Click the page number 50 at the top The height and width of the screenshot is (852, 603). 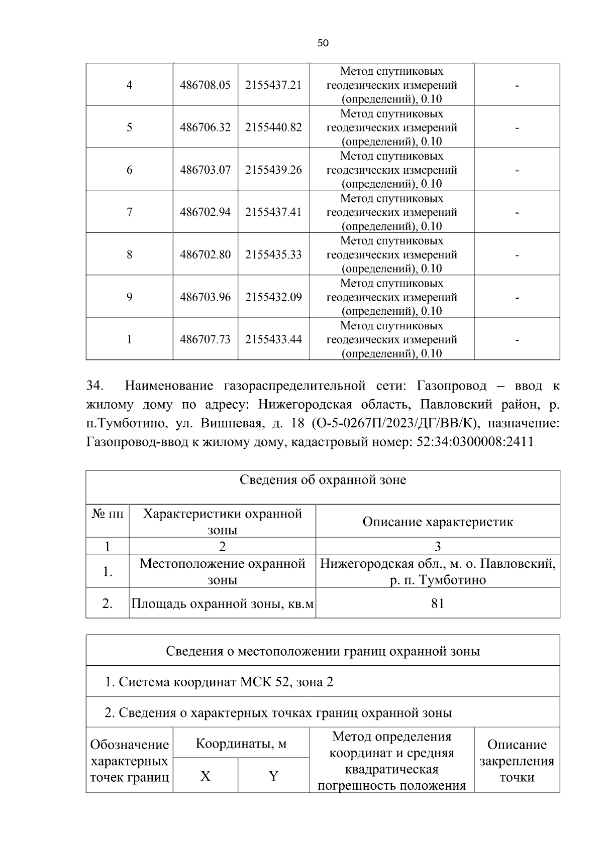coord(323,43)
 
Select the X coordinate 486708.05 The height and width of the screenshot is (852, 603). coord(205,85)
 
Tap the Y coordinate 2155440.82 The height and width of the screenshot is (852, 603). coord(273,128)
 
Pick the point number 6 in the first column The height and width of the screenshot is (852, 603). coord(129,170)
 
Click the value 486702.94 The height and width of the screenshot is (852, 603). coord(205,212)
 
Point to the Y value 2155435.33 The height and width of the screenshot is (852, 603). coord(273,255)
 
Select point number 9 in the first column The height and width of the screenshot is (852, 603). coord(129,297)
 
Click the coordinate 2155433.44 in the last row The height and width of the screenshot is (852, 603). coord(273,339)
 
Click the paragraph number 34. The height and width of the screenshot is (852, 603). coord(95,386)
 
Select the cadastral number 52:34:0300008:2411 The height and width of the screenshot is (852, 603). coord(475,442)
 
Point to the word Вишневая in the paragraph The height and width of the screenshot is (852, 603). coord(230,423)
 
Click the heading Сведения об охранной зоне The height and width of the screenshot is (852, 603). coord(323,480)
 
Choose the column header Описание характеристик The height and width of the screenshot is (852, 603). coord(438,522)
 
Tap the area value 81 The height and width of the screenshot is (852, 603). coord(438,603)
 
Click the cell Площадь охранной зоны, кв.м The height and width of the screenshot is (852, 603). coord(222,603)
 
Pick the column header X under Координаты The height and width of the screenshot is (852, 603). coord(205,776)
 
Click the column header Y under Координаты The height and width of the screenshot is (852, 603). coord(273,776)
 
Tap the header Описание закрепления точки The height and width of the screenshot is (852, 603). coord(517,761)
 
